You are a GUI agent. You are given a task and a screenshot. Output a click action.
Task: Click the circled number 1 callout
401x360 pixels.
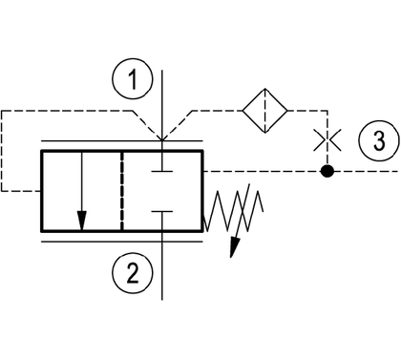133,78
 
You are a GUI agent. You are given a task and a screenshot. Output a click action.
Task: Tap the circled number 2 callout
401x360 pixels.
133,273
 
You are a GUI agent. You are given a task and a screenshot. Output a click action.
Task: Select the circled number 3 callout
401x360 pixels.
379,140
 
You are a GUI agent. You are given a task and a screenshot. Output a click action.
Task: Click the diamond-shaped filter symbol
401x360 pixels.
265,111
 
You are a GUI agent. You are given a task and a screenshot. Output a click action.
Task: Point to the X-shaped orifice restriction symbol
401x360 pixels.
327,139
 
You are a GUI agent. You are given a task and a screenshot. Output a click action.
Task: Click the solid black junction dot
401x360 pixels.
327,171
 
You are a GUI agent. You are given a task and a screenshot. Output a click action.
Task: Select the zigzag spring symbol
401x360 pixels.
233,210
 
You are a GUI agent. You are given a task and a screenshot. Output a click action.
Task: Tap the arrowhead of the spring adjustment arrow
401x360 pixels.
235,247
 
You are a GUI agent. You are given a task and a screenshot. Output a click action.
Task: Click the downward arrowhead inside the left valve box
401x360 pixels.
82,221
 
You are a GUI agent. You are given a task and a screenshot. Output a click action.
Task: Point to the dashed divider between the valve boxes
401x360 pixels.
121,191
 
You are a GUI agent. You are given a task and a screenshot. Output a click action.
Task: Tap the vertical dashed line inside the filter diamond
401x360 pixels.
265,111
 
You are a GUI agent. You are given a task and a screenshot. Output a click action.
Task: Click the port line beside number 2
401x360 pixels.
162,265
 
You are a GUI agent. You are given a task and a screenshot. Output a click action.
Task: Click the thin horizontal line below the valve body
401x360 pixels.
122,242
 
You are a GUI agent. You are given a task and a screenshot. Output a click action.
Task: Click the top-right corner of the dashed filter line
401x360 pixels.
327,111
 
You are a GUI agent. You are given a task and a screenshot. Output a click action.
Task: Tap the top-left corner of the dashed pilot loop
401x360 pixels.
2,111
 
